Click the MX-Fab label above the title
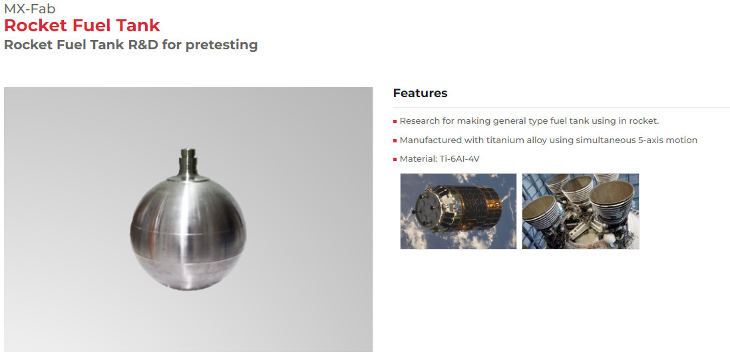pos(29,9)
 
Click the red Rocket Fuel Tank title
pos(82,25)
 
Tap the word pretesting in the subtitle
pos(221,45)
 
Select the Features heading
pos(420,93)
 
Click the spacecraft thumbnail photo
pos(458,211)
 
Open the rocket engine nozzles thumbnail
pos(580,211)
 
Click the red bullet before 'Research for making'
pos(395,122)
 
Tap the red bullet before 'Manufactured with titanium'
pos(395,140)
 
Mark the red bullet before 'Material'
pos(395,160)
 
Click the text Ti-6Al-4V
pos(460,159)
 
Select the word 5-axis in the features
pos(653,140)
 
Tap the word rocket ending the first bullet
pos(644,121)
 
